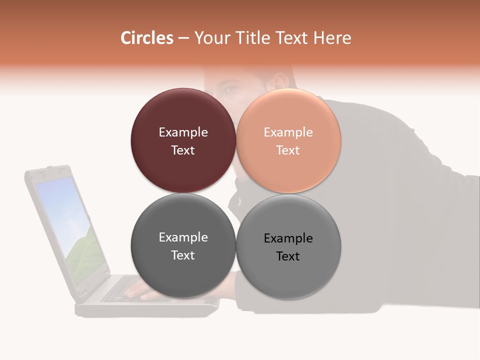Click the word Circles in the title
147,38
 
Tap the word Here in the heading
332,38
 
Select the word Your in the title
211,38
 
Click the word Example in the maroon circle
183,132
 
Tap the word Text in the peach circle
288,150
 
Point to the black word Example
288,238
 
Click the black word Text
288,256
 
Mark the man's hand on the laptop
150,292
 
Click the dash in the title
183,38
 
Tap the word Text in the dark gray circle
183,255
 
